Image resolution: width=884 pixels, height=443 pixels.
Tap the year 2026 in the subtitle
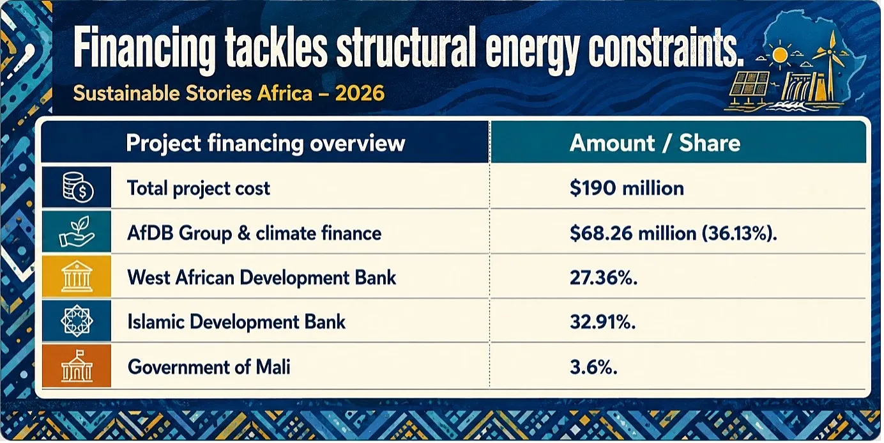tap(360, 93)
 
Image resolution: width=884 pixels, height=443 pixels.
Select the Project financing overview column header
tap(266, 143)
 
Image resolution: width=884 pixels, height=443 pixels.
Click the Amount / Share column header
tap(655, 143)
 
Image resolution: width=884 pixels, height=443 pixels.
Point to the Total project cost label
tap(199, 188)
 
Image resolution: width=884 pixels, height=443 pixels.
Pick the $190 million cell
tap(627, 188)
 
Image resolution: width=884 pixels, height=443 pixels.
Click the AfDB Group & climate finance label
tap(254, 233)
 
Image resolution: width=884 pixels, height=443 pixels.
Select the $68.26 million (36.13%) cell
tap(673, 233)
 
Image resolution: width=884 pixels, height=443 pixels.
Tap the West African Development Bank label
tap(262, 277)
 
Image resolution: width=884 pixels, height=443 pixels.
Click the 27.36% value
tap(604, 277)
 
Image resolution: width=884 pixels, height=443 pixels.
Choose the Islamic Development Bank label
tap(236, 322)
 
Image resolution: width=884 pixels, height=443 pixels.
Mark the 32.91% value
tap(602, 322)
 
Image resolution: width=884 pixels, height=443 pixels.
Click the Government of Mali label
tap(209, 367)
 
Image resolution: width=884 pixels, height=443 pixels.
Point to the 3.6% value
tap(593, 367)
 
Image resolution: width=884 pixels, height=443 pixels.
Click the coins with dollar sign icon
tap(78, 187)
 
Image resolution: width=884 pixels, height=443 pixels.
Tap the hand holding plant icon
tap(77, 232)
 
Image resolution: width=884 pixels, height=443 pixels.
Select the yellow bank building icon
tap(77, 276)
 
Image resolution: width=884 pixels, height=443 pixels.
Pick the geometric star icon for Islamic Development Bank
tap(77, 321)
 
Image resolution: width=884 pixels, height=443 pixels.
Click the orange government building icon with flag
tap(77, 366)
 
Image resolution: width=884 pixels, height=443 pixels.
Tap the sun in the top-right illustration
tap(780, 56)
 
